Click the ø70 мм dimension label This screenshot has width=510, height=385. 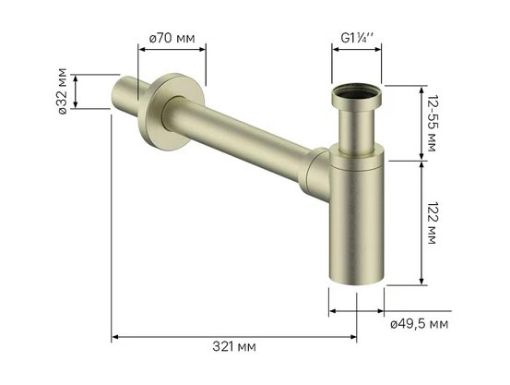click(172, 39)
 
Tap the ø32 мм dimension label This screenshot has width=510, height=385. click(62, 91)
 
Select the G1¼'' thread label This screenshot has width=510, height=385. click(357, 38)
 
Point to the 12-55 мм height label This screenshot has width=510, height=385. click(433, 124)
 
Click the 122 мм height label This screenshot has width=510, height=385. click(433, 223)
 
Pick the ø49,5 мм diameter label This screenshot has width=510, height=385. click(420, 324)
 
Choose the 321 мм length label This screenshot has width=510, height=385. click(234, 346)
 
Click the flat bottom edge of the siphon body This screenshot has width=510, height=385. click(357, 282)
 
